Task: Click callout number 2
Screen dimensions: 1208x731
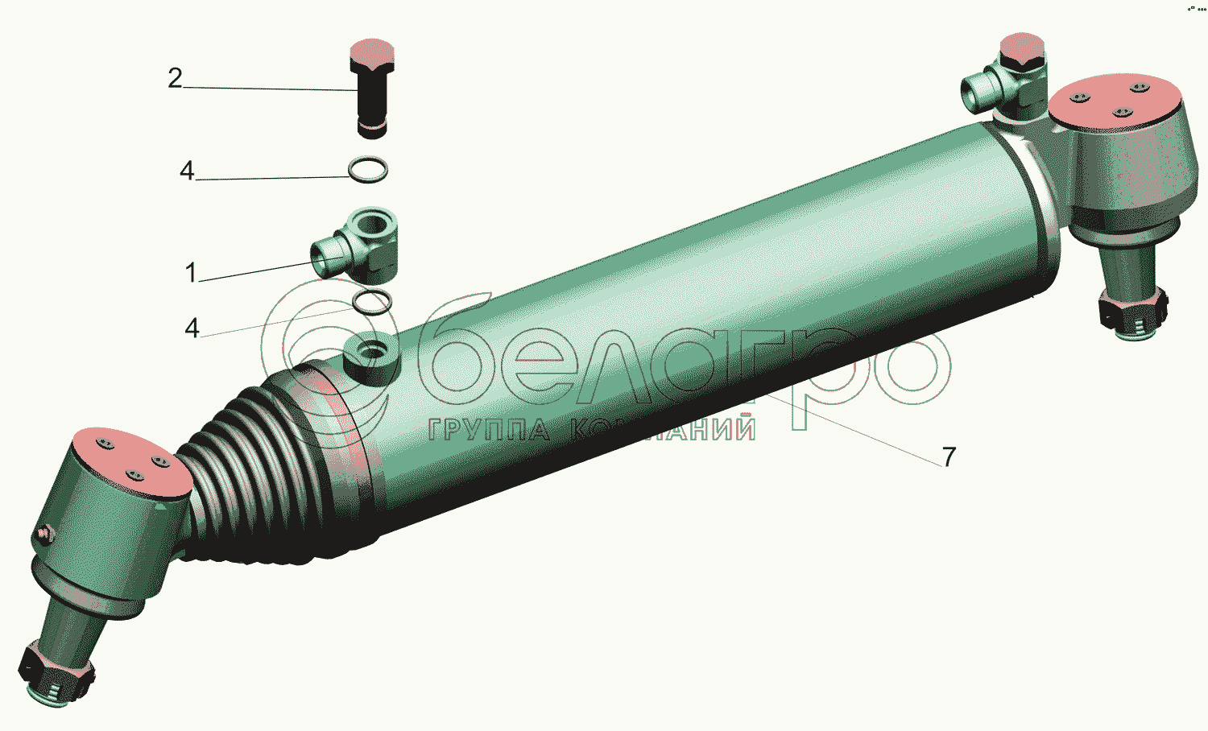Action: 176,79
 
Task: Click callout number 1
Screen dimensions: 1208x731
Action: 191,272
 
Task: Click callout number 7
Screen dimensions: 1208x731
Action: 949,457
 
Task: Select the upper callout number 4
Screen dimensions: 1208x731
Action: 187,171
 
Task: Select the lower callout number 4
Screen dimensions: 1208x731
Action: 192,328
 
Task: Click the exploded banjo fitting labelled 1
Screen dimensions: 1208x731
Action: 355,246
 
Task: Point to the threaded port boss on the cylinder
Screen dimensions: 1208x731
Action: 371,360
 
